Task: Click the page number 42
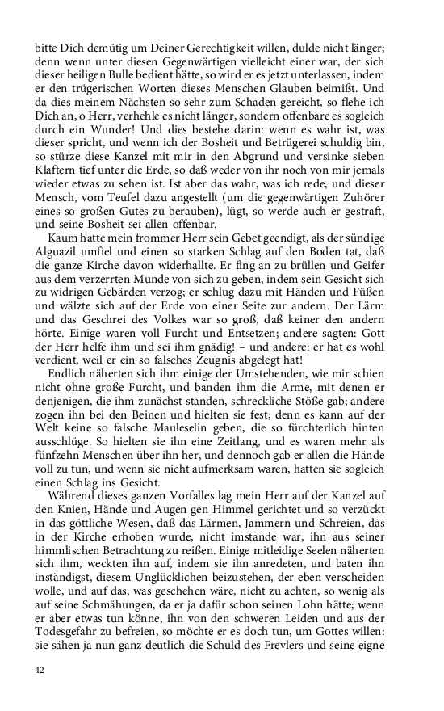(40, 670)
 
